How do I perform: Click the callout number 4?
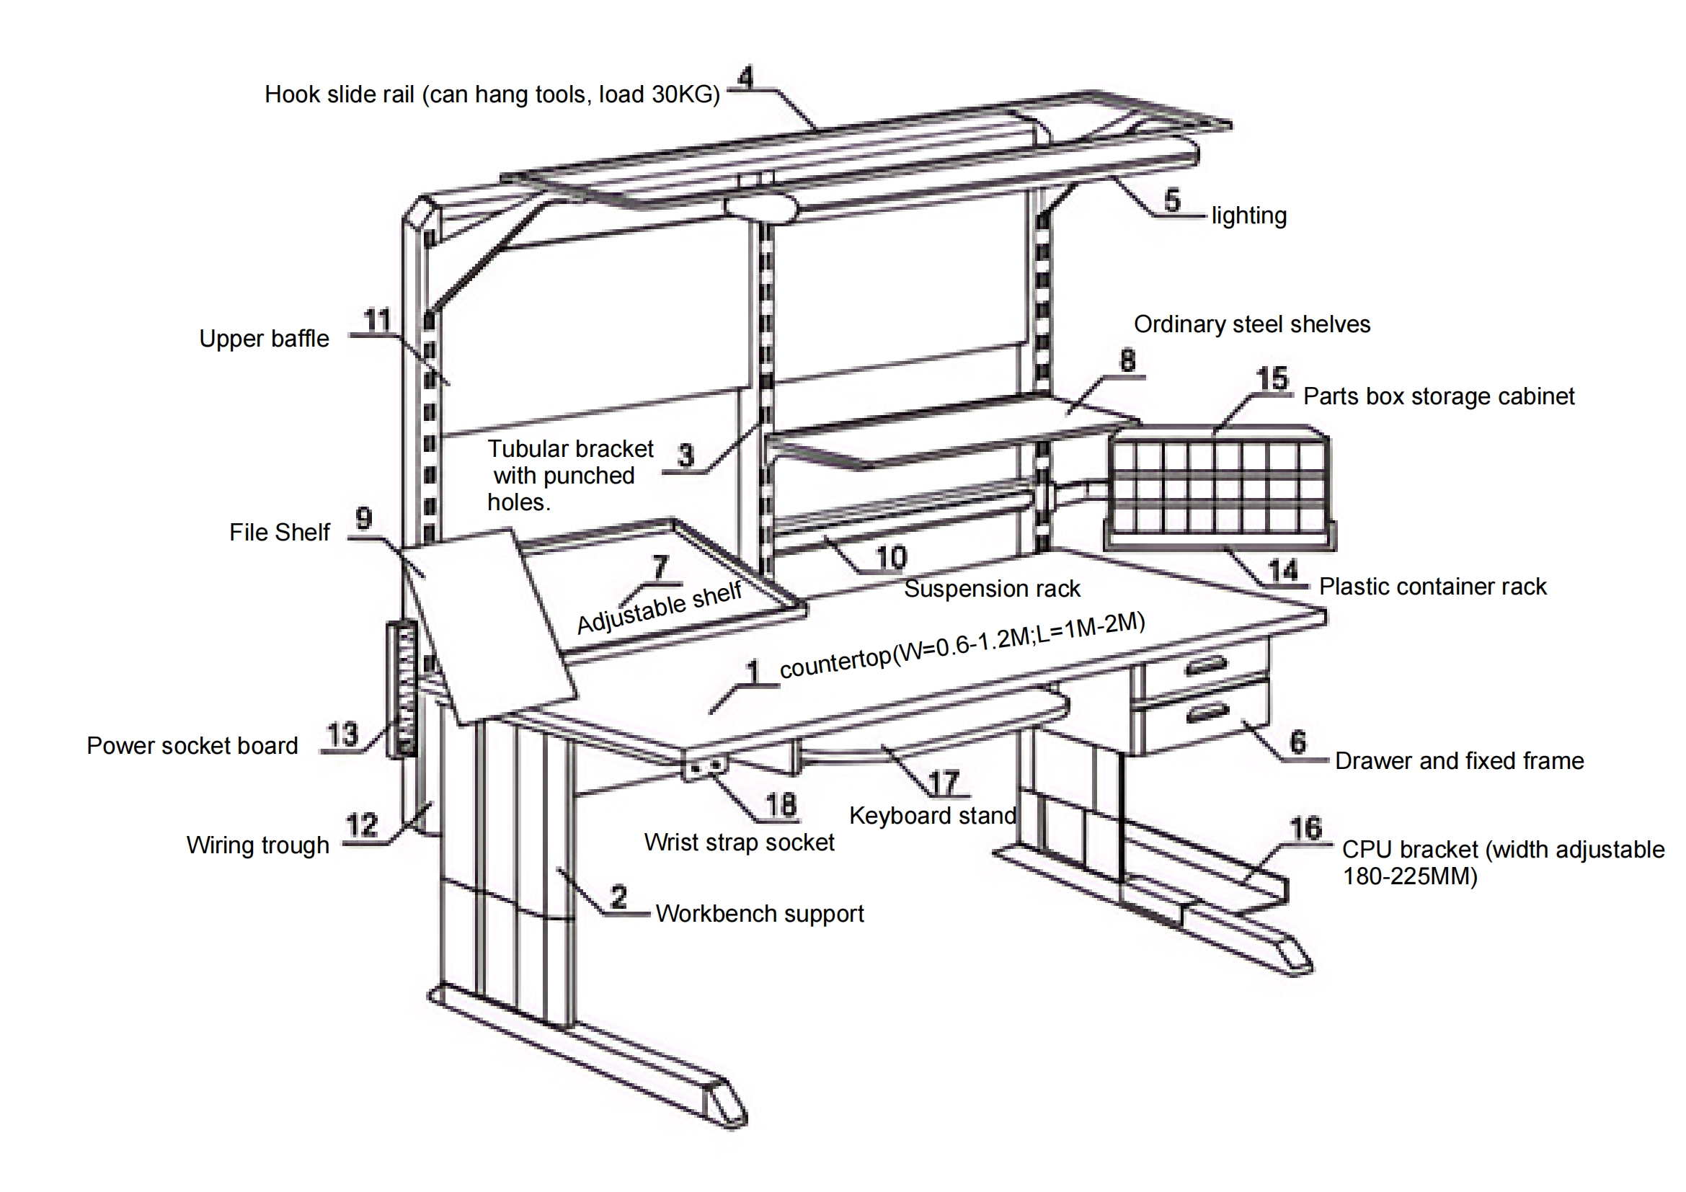[746, 77]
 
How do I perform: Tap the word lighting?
[1248, 215]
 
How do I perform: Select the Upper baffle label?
[264, 339]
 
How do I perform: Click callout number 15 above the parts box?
[1272, 379]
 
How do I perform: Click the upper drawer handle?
[1207, 666]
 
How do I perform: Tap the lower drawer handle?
[1207, 713]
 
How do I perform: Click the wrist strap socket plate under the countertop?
[706, 766]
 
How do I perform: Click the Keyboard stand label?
[932, 816]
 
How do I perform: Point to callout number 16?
[1306, 829]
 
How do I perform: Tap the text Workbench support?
[759, 914]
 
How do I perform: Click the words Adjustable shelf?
[659, 608]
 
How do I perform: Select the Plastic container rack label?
[1432, 587]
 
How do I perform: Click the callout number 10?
[892, 558]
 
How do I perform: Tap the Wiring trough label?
[257, 845]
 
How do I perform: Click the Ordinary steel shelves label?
[1251, 324]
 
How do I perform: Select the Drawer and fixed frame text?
[1458, 761]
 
